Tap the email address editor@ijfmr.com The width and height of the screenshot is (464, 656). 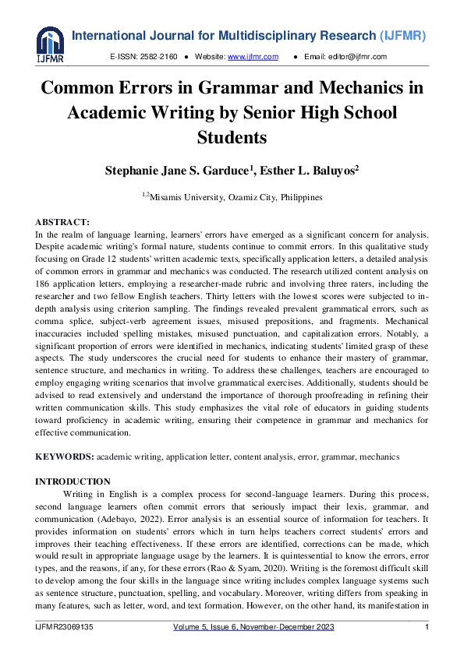tap(358, 57)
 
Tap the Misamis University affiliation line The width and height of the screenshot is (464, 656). tap(235, 197)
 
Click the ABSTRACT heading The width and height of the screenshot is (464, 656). tap(63, 223)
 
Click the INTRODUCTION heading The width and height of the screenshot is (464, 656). tap(73, 481)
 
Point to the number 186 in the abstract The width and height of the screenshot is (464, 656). tap(44, 289)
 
